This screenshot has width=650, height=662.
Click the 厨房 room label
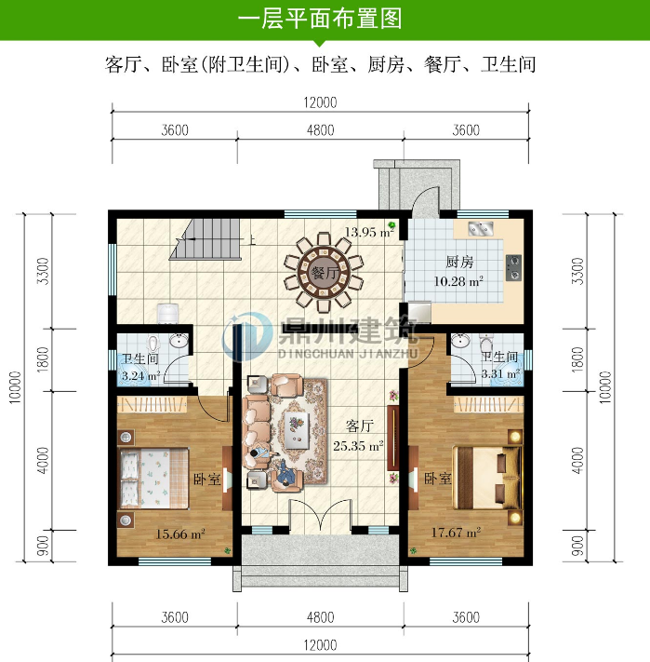[460, 263]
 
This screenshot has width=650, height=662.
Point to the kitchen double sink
[480, 228]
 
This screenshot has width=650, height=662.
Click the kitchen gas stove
[512, 269]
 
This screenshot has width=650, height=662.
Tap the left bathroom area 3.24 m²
[139, 377]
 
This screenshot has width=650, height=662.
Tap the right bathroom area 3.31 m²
[498, 374]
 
